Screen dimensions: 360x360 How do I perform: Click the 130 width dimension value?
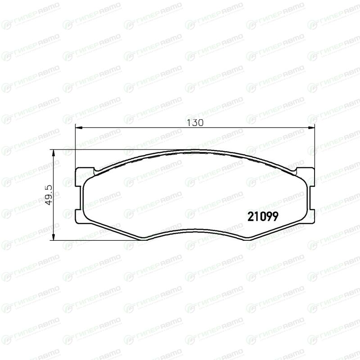pos(195,123)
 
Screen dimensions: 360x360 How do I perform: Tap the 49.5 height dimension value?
pos(49,195)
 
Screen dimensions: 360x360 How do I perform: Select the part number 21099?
pos(263,216)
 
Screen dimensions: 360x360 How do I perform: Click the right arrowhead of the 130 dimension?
pos(311,127)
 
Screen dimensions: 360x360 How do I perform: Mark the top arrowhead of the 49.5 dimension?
pos(53,153)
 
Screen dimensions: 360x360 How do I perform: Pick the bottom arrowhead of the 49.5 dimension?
pos(53,237)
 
